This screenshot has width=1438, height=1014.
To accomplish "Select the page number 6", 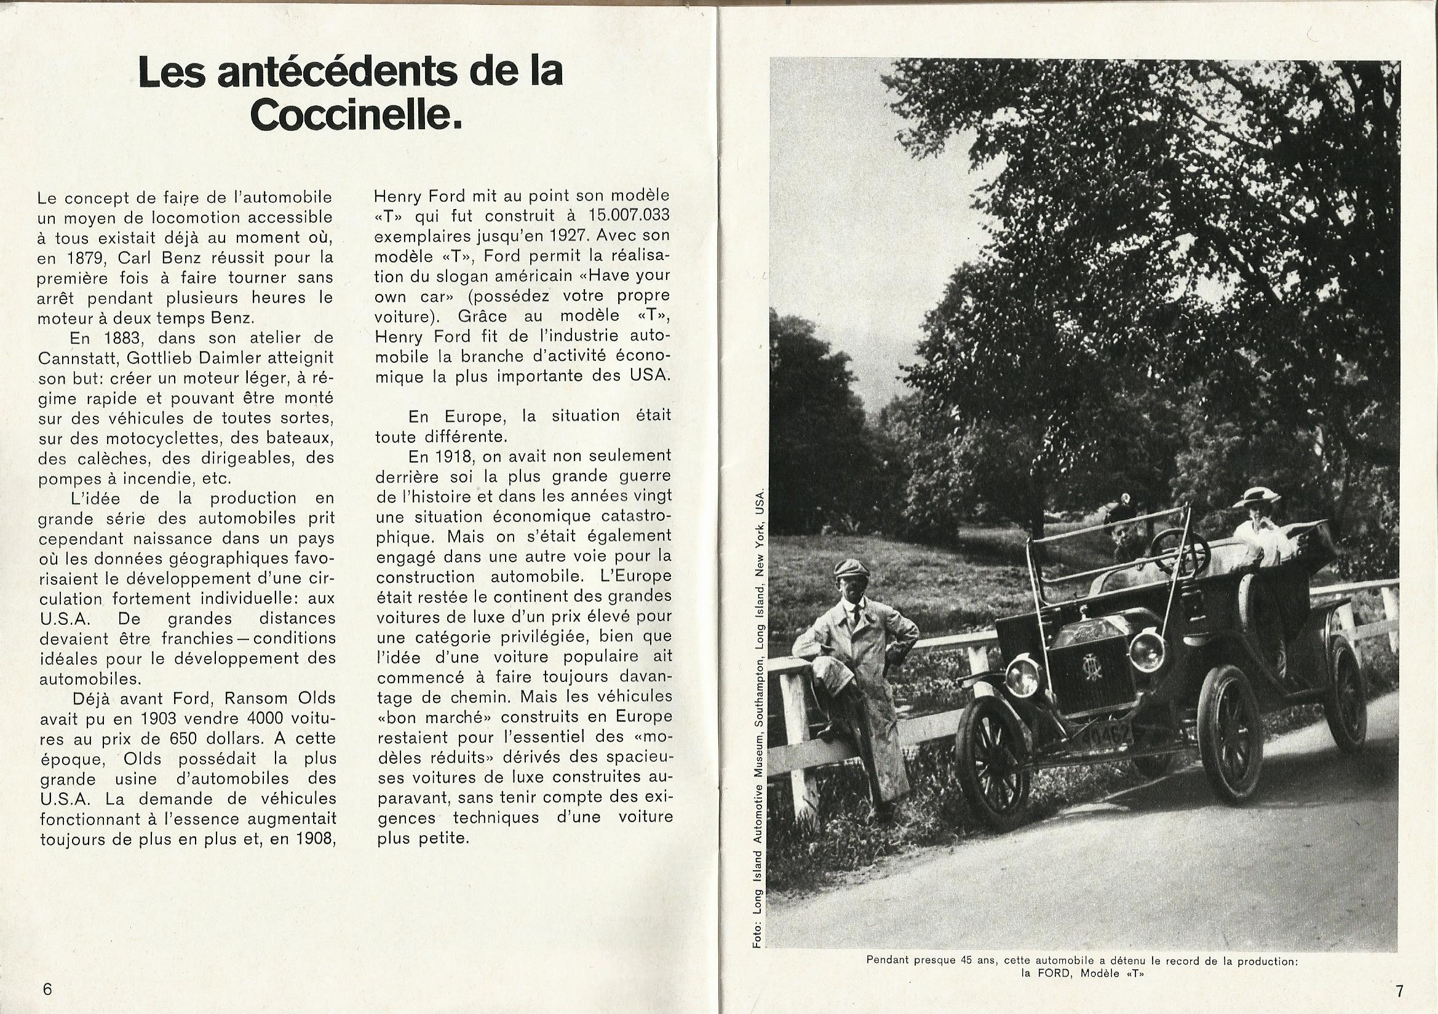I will [47, 989].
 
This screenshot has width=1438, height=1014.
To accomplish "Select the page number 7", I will [1399, 991].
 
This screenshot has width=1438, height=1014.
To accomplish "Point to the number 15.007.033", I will [629, 215].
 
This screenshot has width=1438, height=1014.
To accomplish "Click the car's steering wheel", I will [1180, 551].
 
